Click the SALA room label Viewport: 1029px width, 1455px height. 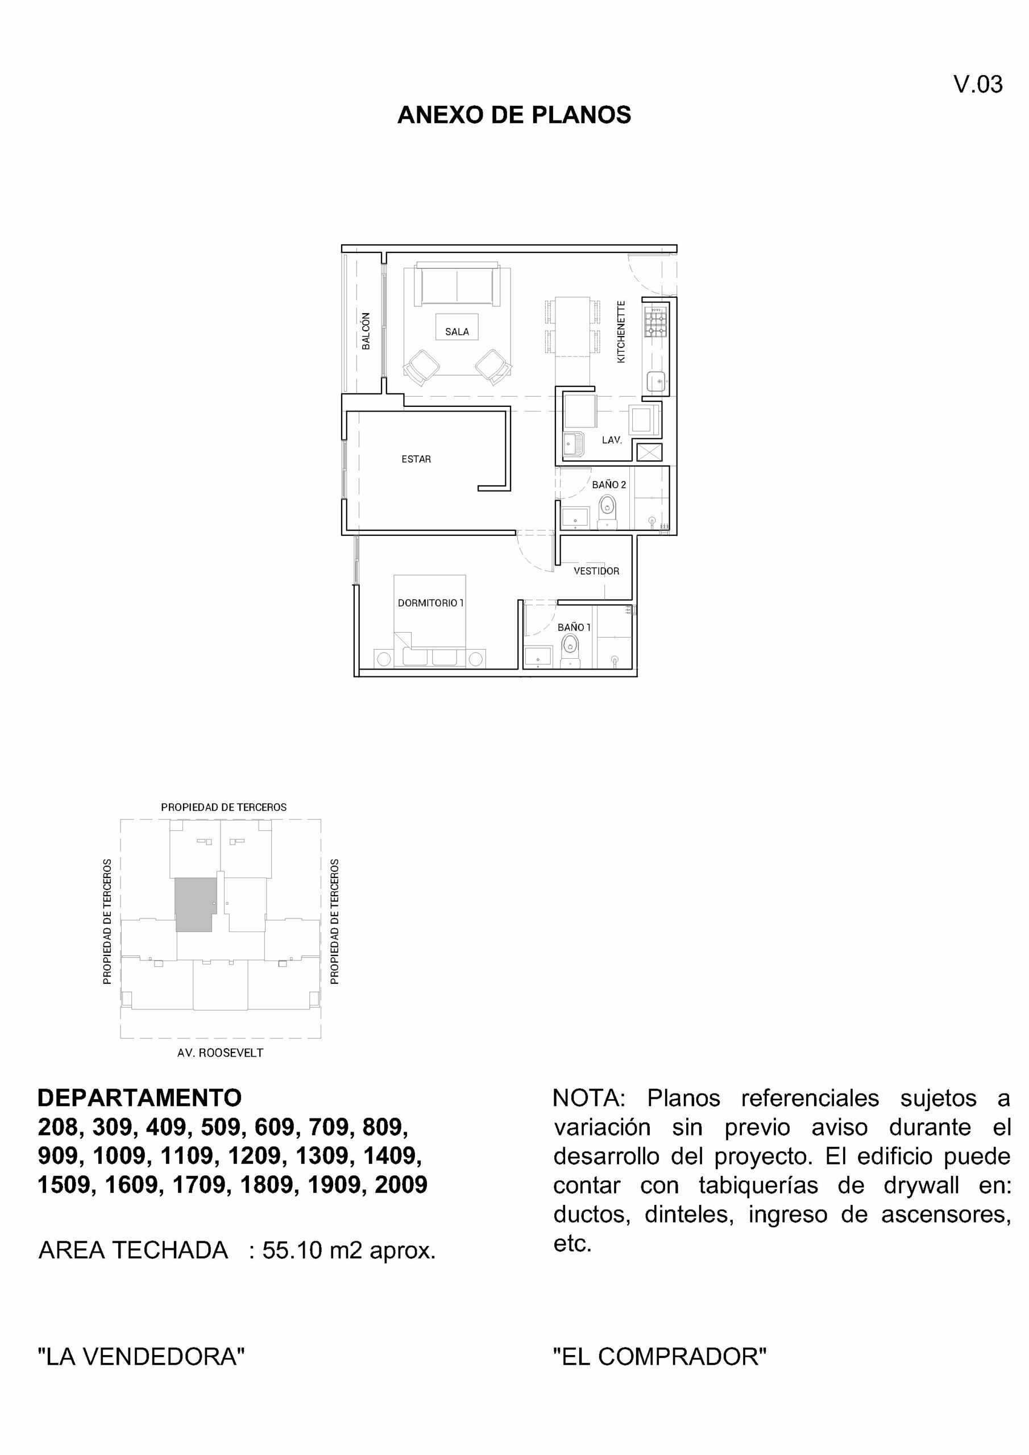pos(457,331)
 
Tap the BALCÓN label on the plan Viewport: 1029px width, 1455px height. pos(366,331)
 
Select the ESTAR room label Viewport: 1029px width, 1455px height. pos(416,459)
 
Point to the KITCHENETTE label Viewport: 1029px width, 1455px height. pos(621,331)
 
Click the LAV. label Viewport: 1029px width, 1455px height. pos(612,440)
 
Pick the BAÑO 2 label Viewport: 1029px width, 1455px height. pos(609,485)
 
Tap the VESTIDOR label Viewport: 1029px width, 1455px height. pos(596,571)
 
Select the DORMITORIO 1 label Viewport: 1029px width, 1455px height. pos(430,602)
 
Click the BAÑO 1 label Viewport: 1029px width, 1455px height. pos(574,627)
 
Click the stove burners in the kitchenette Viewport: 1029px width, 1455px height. pos(655,323)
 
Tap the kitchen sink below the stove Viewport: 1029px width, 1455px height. pos(655,381)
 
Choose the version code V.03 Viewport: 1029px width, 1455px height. pos(978,84)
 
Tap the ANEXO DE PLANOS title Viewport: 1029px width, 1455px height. pos(514,115)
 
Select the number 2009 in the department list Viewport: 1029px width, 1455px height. pos(401,1184)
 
